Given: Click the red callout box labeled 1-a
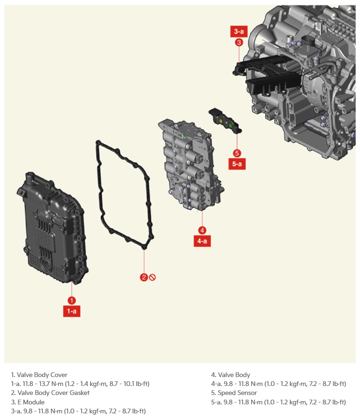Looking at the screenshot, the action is pos(72,311).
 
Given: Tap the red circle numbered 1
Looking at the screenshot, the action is pos(72,301).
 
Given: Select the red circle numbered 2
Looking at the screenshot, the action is pos(144,278).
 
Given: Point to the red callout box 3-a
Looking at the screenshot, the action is pos(239,31).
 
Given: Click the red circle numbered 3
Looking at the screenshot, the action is pos(239,42).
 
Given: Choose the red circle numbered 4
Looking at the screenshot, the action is pos(202,230).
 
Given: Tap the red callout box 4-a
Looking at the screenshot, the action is pos(202,241).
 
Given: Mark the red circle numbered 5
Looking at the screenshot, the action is pos(237,153).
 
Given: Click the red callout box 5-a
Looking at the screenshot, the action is pos(237,164).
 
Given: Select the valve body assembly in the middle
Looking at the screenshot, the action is pos(191,166).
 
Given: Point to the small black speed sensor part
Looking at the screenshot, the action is pos(225,121).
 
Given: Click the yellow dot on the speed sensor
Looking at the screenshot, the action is pos(221,121).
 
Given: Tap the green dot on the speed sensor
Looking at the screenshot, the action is pos(230,125).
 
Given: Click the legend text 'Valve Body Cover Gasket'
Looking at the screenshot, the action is pos(53,393).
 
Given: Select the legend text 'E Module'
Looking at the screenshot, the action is pos(31,402).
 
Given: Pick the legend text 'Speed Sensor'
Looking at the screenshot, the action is pos(237,393).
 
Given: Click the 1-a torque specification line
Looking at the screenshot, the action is pos(80,384).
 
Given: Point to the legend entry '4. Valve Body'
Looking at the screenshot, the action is pos(230,375).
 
